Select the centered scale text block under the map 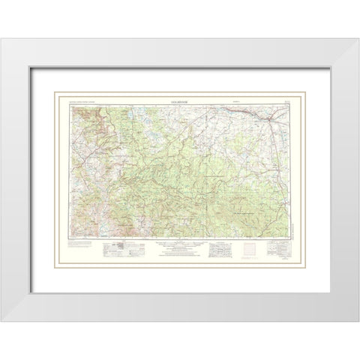click(x=180, y=247)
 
